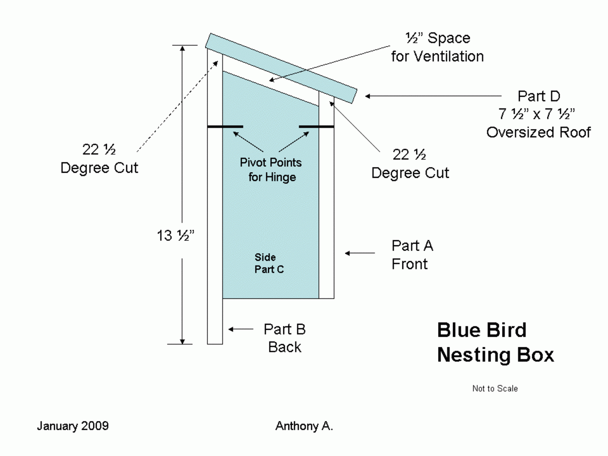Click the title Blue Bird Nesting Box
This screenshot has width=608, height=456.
point(495,343)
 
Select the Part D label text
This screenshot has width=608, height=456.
point(539,96)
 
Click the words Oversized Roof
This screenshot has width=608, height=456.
point(539,132)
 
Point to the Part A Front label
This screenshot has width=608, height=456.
point(412,255)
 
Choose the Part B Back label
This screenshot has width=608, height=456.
point(284,338)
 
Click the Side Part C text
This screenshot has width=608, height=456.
point(269,264)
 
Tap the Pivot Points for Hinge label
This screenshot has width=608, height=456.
point(271,170)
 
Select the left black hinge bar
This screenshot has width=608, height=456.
point(225,127)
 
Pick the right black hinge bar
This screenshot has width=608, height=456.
point(316,127)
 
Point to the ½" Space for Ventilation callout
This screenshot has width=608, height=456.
point(437,47)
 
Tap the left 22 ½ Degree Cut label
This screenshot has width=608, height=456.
point(99,159)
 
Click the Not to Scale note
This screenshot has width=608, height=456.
point(495,389)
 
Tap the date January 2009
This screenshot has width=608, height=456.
point(72,426)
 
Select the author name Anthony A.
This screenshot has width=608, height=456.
point(304,426)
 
